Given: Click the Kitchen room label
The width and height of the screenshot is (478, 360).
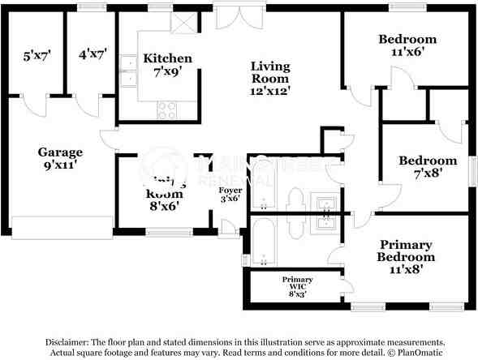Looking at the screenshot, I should tap(167, 58).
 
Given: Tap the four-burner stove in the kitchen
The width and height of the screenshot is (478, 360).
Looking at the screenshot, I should tap(168, 109).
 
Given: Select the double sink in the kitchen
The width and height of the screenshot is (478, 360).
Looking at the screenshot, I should tap(127, 71).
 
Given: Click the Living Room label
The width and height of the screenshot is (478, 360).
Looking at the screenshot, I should tap(270, 72).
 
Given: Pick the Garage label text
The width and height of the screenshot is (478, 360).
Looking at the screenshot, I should tap(60, 152).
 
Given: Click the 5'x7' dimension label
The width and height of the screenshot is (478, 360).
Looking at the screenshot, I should tap(37, 55).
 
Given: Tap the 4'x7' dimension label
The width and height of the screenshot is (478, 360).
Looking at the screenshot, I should tap(93, 55).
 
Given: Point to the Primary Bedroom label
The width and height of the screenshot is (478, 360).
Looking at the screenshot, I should tap(406, 251).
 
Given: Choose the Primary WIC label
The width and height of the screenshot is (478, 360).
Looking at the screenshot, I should tap(297, 284).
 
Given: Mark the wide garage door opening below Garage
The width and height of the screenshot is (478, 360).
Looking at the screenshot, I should tap(62, 228).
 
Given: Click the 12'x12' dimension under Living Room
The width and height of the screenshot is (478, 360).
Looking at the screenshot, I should tap(270, 92).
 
